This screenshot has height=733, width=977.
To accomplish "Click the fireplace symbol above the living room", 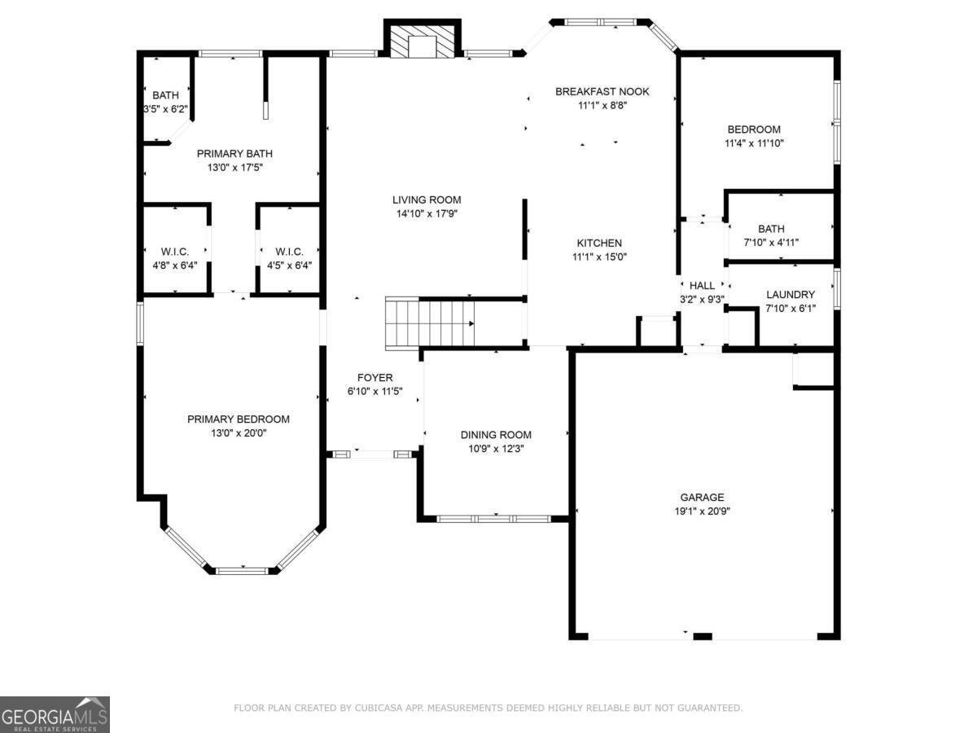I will [423, 42].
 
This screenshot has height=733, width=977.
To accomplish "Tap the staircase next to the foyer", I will [430, 323].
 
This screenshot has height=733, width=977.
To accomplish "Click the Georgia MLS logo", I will [55, 714].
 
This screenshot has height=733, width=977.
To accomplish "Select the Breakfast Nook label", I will [602, 91].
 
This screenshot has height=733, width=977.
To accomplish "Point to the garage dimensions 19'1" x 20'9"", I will [702, 511].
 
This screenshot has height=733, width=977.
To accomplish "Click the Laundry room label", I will [790, 294].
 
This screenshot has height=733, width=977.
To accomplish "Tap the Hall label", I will [702, 286].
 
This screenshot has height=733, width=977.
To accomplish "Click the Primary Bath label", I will [234, 153].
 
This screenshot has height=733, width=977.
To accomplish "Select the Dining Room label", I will [496, 435].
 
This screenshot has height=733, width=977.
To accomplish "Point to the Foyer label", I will [375, 378].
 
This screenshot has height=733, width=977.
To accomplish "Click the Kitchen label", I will [599, 243].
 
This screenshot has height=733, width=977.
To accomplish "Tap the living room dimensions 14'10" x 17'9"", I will [427, 213].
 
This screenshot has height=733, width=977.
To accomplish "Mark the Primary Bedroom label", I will [239, 419].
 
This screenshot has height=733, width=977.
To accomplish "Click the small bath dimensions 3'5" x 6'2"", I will [165, 108].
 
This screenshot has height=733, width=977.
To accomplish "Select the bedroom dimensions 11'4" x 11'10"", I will [754, 143].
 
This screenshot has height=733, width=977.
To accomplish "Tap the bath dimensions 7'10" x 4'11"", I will [771, 242].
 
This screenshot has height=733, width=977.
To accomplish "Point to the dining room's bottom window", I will [494, 518].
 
